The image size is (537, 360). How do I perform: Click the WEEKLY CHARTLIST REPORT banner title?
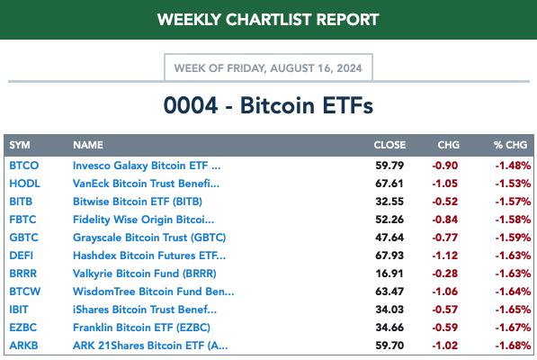[x=268, y=19]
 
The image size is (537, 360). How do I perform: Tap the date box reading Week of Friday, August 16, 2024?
[x=268, y=67]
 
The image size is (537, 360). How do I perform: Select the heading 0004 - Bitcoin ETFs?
[x=268, y=105]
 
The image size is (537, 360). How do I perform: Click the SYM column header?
[x=20, y=145]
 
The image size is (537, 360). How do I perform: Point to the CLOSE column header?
[x=389, y=145]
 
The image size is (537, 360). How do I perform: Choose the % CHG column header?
[x=510, y=145]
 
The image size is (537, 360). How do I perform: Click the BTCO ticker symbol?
[x=24, y=166]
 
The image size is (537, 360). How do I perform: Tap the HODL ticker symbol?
[x=24, y=184]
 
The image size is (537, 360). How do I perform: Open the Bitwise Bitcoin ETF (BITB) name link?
[x=138, y=202]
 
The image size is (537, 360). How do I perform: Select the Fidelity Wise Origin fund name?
[x=144, y=220]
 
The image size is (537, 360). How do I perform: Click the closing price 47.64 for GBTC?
[x=389, y=238]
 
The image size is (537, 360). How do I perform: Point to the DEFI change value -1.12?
[x=445, y=256]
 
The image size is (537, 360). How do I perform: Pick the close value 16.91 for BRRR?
[x=389, y=274]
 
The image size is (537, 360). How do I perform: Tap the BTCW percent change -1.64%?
[x=513, y=292]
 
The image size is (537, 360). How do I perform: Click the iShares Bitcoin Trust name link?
[x=145, y=310]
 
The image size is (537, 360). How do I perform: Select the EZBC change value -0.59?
[x=445, y=328]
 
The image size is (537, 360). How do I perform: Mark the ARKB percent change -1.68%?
[x=513, y=346]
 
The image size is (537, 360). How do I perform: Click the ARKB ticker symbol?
[x=23, y=346]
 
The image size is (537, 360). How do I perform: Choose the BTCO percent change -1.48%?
[x=513, y=166]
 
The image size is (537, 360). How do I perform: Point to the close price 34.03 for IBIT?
[x=389, y=310]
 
